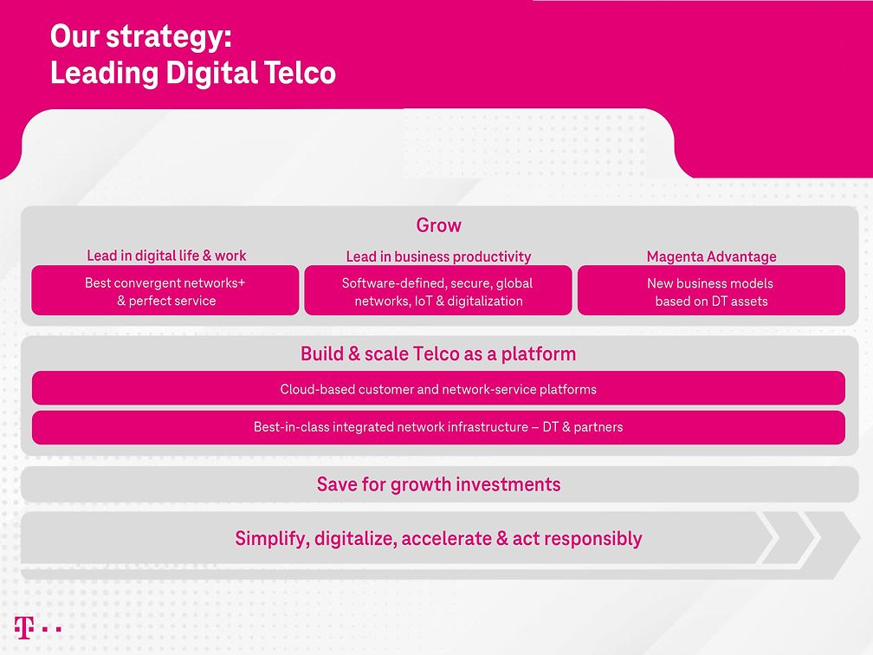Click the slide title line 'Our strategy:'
tap(140, 37)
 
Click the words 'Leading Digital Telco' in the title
tap(192, 73)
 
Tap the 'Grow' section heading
tap(438, 225)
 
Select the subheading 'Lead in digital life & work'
tap(166, 256)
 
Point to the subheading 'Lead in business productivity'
tap(438, 256)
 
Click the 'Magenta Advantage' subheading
tap(711, 256)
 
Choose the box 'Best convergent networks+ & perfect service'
tap(165, 291)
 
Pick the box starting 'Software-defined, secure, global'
tap(437, 291)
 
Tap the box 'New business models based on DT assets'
tap(711, 291)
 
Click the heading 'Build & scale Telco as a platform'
tap(438, 353)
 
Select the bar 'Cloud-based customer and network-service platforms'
tap(438, 389)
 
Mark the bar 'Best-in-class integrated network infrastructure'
tap(438, 427)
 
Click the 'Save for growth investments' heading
tap(438, 484)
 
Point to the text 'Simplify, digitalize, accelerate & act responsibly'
tap(438, 539)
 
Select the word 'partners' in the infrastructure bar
tap(598, 427)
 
